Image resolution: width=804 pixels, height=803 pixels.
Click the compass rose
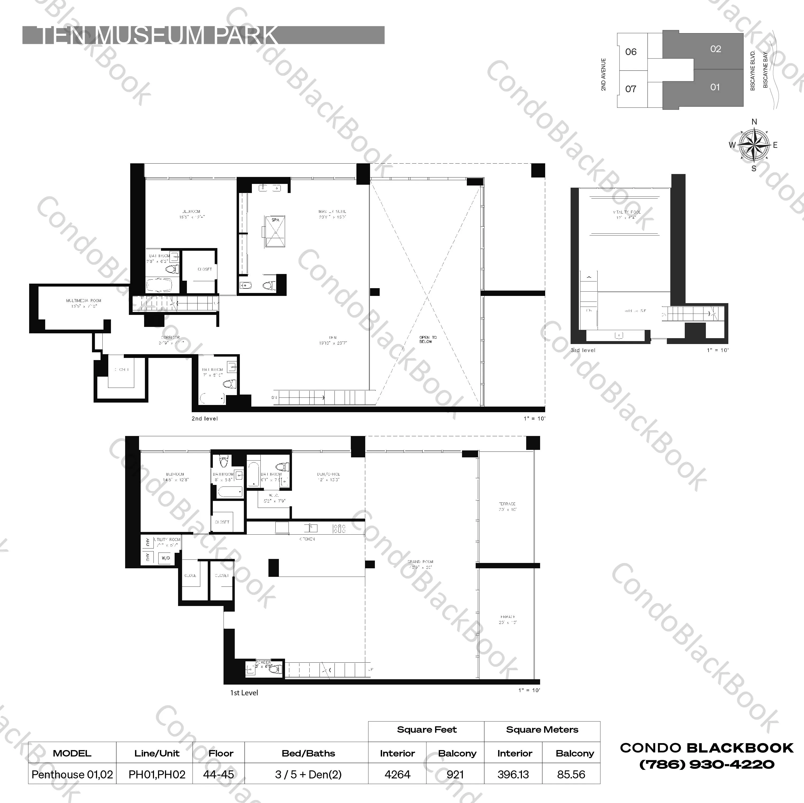click(x=754, y=145)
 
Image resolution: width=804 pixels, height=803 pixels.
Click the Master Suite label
click(x=332, y=212)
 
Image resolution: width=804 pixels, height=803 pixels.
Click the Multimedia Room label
click(x=84, y=300)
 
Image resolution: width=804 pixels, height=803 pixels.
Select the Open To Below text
click(x=428, y=339)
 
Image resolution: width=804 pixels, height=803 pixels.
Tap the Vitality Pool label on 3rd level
click(x=626, y=213)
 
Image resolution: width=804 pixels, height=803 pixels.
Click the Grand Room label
click(x=420, y=562)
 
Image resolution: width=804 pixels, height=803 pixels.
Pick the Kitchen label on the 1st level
click(x=307, y=539)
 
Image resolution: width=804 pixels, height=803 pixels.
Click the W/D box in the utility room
click(x=166, y=558)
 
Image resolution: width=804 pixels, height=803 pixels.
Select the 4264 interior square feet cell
click(x=397, y=775)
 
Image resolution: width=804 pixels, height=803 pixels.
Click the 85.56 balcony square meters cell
click(x=571, y=775)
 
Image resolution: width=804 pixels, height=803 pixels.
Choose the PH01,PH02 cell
click(x=157, y=775)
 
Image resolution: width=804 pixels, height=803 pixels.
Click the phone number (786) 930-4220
click(x=707, y=764)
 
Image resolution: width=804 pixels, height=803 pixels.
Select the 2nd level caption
click(x=204, y=419)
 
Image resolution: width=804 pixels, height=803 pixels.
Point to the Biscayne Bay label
click(x=765, y=70)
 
